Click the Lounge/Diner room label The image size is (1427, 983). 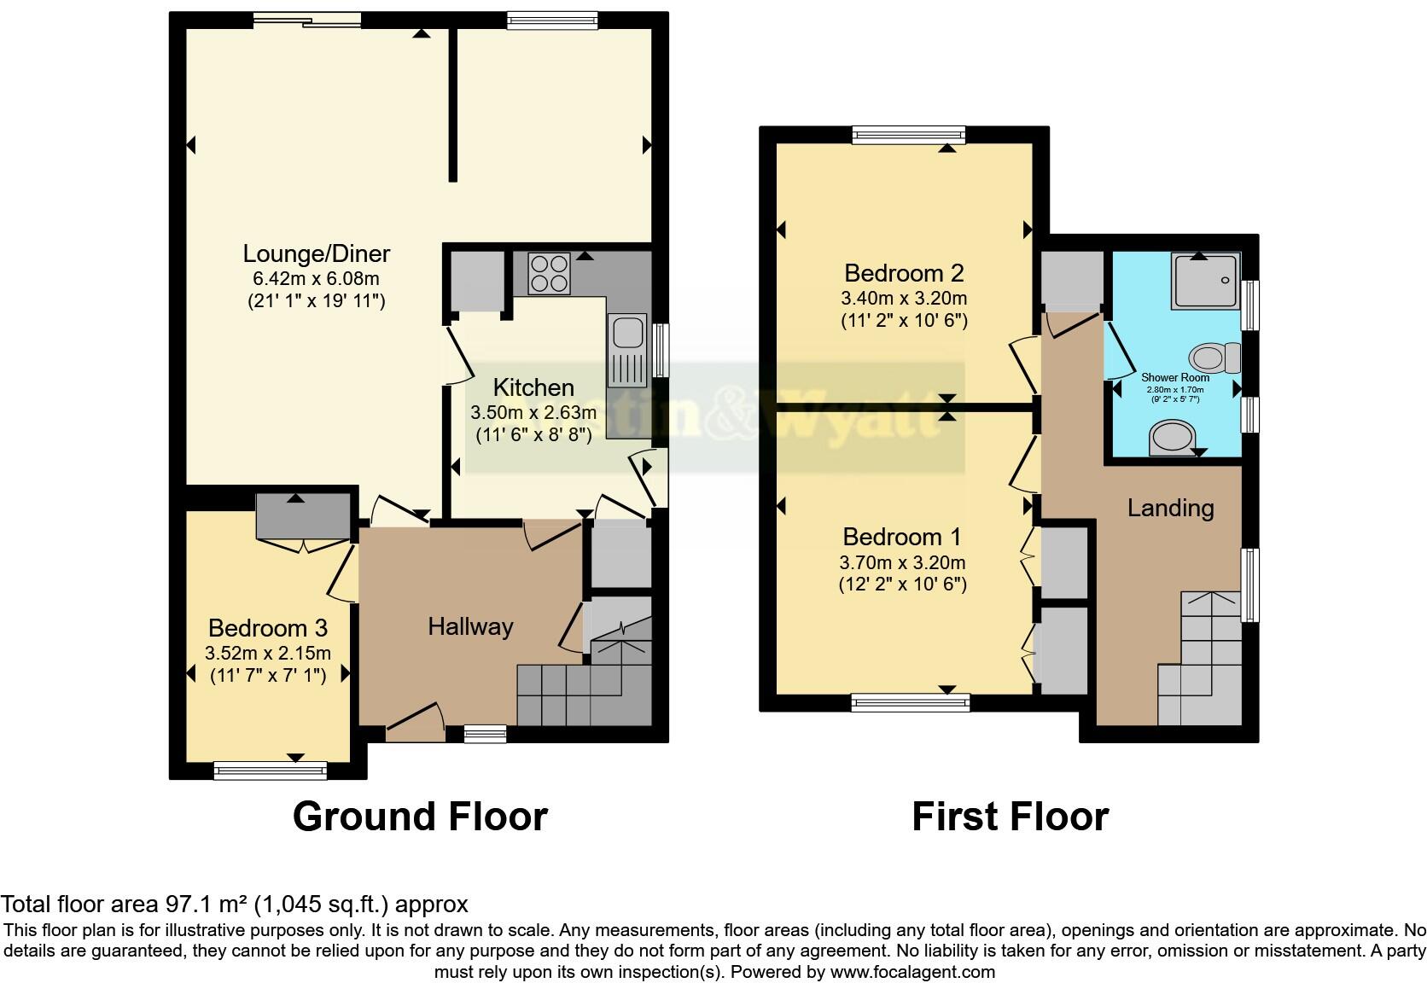click(x=316, y=253)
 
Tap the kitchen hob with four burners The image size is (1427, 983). click(x=549, y=274)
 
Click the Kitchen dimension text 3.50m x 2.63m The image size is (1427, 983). click(x=533, y=412)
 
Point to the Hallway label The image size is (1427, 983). click(x=470, y=627)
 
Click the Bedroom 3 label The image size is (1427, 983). click(x=267, y=629)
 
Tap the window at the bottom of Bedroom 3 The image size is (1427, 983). click(x=270, y=771)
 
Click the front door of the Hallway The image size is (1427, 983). click(x=415, y=722)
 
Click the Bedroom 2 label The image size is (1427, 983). click(x=904, y=273)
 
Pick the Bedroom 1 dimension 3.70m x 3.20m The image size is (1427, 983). click(x=903, y=563)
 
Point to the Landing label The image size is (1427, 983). click(x=1170, y=509)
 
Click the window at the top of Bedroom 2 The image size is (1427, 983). click(x=908, y=135)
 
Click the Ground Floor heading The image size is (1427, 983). click(x=420, y=817)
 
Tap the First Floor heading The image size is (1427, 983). click(x=1010, y=817)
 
